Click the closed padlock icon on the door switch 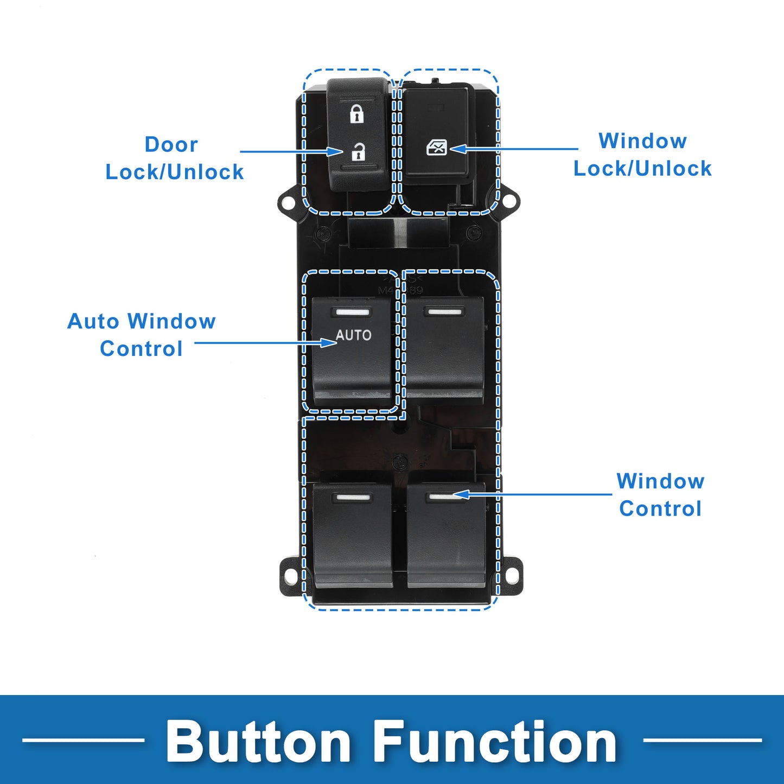357,114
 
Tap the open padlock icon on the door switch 358,152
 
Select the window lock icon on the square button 437,148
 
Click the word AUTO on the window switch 353,335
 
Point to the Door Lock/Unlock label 175,158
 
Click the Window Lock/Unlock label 642,155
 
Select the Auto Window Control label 142,335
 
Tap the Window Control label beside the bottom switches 660,495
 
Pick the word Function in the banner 495,741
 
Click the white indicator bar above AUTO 352,313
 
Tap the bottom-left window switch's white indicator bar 352,497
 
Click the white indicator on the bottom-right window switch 445,497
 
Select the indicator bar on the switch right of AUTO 444,312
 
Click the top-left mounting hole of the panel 288,201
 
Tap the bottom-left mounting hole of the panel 290,576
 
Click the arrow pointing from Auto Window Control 266,342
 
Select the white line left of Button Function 84,741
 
